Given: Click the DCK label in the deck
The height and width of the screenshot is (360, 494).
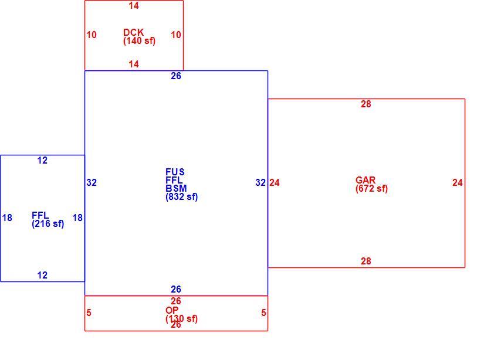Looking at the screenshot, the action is (133, 32).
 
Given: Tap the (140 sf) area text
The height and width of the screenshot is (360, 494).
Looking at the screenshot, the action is (139, 40).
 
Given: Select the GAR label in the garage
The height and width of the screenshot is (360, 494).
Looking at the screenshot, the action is (366, 180).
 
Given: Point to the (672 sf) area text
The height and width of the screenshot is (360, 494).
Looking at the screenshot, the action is (372, 188).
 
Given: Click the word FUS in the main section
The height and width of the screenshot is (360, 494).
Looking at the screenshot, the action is (175, 172).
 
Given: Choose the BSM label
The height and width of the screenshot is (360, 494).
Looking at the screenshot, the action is (176, 188).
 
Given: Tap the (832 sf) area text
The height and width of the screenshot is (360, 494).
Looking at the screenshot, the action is (182, 197).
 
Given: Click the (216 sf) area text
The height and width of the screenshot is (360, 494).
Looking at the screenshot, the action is (48, 223).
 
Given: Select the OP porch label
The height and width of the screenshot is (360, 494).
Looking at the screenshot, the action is (172, 310).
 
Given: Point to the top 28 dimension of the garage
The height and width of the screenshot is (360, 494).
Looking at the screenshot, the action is (366, 104).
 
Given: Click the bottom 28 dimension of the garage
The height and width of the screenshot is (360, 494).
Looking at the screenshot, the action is (366, 261).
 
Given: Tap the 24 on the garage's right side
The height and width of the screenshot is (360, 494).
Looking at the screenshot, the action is (458, 183).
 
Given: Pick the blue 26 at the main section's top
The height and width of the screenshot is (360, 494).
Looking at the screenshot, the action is (176, 76).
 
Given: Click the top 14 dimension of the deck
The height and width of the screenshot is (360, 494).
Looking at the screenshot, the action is (134, 6).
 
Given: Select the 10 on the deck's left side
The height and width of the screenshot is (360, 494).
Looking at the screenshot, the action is (92, 35).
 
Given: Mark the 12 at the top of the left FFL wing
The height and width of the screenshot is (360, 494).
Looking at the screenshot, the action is (42, 161).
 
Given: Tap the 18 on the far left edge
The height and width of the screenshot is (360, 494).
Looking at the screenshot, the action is (7, 218).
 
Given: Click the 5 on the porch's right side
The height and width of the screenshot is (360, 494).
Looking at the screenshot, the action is (263, 313).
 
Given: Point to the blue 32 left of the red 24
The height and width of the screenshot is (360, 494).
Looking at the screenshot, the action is (260, 183).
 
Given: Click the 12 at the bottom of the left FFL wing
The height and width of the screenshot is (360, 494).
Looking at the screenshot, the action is (42, 275).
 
